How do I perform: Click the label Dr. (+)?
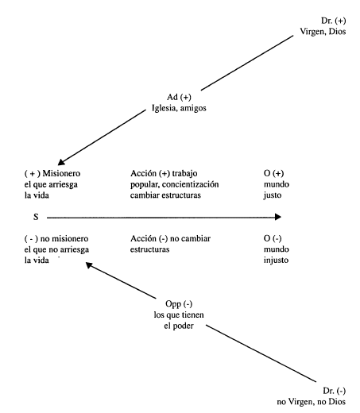click(333, 21)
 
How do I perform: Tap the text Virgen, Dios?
click(323, 32)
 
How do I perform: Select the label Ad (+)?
click(179, 97)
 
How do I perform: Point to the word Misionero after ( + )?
click(61, 173)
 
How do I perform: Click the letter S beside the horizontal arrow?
click(36, 217)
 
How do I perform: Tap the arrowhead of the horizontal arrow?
click(278, 217)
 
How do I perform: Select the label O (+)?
click(273, 173)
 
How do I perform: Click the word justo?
click(273, 195)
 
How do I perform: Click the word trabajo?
click(184, 173)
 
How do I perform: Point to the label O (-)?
click(273, 238)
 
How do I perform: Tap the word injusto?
click(276, 261)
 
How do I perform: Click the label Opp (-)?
click(179, 304)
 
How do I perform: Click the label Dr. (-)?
click(335, 391)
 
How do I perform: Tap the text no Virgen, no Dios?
click(312, 402)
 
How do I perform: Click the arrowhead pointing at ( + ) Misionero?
click(61, 162)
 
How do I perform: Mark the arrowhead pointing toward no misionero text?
click(89, 264)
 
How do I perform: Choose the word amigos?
click(193, 108)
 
